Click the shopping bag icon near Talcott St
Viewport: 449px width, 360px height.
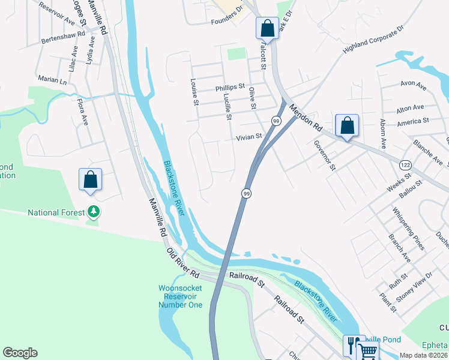click(267, 28)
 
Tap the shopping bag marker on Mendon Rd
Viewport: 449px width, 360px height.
click(347, 125)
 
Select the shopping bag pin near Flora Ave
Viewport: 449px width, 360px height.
click(90, 179)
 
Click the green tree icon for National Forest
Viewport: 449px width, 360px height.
click(93, 212)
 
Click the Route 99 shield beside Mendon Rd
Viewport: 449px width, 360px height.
click(276, 121)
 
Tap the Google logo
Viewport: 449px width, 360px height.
click(20, 353)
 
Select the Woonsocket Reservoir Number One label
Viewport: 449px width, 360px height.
click(180, 296)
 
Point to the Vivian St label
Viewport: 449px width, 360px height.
click(249, 137)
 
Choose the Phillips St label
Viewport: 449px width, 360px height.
click(230, 88)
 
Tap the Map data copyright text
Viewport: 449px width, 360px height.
click(423, 355)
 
